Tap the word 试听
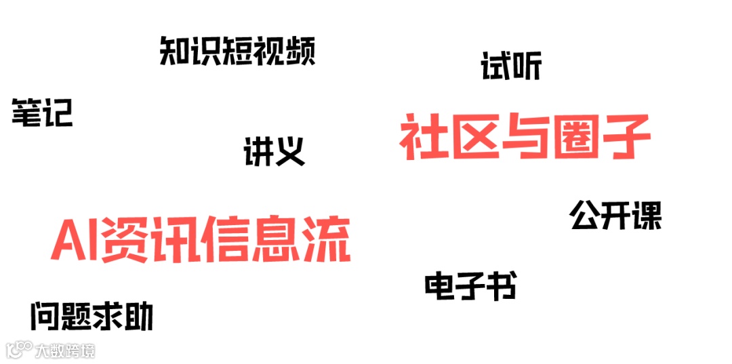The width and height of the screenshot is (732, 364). click(x=511, y=66)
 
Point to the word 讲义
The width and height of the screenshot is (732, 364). click(x=274, y=151)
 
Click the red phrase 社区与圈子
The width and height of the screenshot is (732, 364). click(x=525, y=138)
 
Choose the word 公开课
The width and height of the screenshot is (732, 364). click(x=615, y=216)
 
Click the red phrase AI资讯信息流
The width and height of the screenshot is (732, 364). click(x=201, y=240)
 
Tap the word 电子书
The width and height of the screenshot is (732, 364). click(x=470, y=287)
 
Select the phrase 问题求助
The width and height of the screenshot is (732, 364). click(x=92, y=317)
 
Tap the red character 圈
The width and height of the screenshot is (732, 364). click(x=575, y=138)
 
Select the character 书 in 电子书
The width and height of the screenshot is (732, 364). click(x=501, y=287)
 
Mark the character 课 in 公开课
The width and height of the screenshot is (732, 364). click(x=646, y=216)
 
